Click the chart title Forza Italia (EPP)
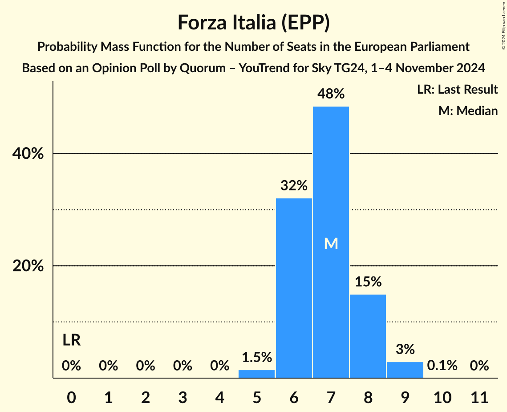tap(253, 22)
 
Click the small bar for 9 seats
tap(405, 370)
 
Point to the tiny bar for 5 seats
tap(257, 374)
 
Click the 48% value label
tap(331, 94)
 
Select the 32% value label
tap(294, 185)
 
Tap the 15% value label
tap(368, 282)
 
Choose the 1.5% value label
tap(257, 357)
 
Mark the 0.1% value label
tap(442, 366)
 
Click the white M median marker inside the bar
tap(331, 243)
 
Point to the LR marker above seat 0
tap(71, 341)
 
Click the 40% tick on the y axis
tap(28, 154)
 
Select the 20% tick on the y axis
tap(28, 266)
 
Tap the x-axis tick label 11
tap(479, 397)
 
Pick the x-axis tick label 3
tap(183, 397)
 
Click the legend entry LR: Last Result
tap(457, 90)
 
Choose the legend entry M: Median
tap(468, 111)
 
